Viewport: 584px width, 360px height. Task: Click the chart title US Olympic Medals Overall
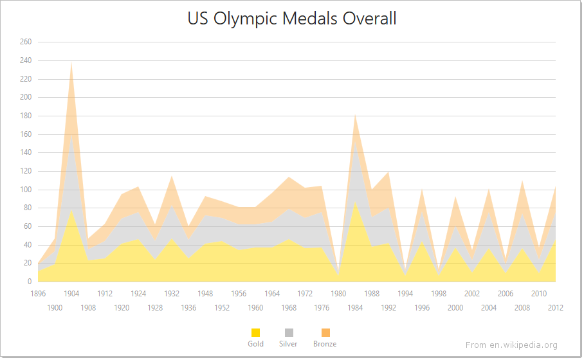pos(292,19)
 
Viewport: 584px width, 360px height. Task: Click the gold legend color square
pos(255,332)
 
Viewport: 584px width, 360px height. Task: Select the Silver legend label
pos(288,344)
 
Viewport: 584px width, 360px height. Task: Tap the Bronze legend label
pos(325,344)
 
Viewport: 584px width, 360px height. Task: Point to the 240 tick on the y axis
pos(26,60)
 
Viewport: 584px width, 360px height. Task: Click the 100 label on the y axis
pos(26,190)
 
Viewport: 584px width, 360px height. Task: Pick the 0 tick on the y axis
pos(29,282)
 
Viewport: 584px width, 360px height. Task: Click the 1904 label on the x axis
pos(71,294)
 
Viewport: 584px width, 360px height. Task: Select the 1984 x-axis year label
pos(355,308)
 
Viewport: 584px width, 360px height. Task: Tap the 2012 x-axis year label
pos(556,308)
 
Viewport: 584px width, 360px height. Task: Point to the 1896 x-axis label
pos(39,294)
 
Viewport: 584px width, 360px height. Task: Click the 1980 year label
pos(338,294)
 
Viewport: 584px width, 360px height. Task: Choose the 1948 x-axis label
pos(205,294)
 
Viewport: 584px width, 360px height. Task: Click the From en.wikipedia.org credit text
pos(511,345)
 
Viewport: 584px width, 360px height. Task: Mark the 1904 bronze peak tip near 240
pos(71,62)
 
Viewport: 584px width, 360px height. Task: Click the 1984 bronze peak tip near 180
pos(355,115)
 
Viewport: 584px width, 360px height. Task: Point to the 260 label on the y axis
pos(26,42)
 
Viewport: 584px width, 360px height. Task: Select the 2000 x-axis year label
pos(455,308)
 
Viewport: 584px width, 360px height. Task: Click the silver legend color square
pos(288,332)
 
